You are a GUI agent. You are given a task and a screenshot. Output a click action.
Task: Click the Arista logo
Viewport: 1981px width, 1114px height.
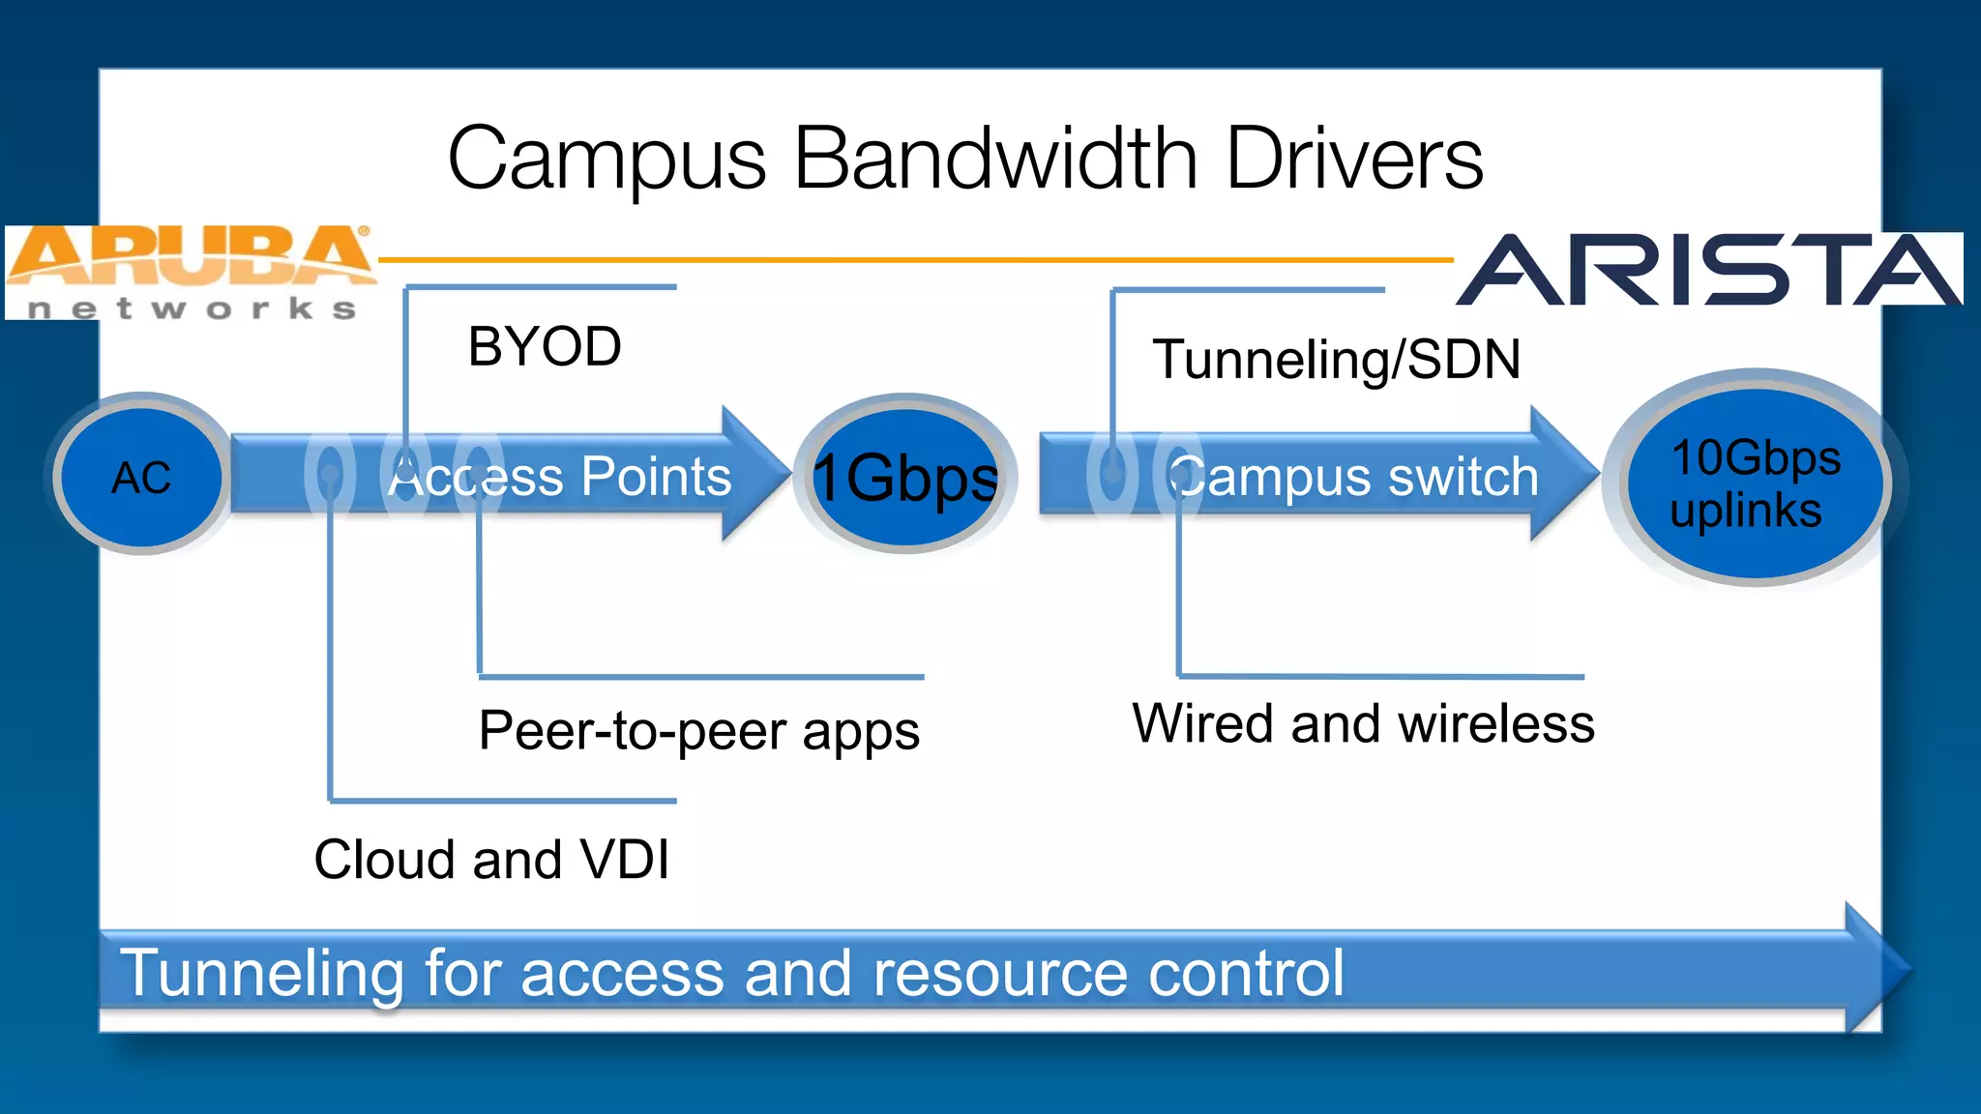[1709, 270]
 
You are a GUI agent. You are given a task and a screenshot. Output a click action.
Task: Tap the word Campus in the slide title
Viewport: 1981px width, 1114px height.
[606, 159]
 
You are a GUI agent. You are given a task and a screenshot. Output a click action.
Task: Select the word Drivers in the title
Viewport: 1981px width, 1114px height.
[1354, 159]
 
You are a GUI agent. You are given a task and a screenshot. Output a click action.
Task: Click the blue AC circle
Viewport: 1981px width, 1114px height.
[141, 477]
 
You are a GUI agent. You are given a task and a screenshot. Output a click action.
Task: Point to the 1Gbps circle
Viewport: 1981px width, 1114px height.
[905, 477]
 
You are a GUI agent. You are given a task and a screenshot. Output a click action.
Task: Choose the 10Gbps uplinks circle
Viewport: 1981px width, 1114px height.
[1754, 482]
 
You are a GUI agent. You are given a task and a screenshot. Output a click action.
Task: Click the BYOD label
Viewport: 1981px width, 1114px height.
[545, 346]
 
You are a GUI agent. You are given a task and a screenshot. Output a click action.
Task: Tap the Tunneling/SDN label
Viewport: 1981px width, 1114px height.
[1336, 360]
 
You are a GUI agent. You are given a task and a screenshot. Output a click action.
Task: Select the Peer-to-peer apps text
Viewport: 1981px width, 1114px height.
[698, 731]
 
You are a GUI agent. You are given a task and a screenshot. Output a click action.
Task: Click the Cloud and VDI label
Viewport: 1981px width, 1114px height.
[491, 859]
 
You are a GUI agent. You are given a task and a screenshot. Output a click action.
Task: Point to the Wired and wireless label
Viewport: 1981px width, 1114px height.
[1363, 723]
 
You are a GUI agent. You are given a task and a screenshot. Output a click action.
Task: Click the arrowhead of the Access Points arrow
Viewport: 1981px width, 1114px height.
[754, 473]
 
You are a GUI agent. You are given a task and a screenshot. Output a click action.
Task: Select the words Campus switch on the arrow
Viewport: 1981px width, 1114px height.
[1354, 477]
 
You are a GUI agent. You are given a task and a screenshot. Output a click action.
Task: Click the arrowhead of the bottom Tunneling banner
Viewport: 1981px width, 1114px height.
[1877, 967]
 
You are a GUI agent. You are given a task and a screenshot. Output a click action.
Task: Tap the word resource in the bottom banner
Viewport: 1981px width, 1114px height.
[999, 973]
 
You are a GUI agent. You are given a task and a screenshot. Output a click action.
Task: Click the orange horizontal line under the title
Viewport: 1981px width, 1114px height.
[914, 259]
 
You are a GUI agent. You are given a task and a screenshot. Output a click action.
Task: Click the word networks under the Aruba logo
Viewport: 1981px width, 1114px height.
[192, 309]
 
